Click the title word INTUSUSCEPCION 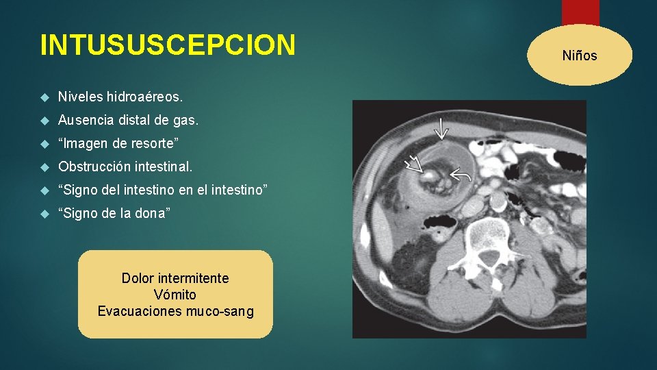click(x=168, y=45)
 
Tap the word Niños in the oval click(x=579, y=56)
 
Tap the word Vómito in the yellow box click(x=175, y=295)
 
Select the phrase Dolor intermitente click(x=175, y=278)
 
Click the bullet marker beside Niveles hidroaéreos click(x=46, y=97)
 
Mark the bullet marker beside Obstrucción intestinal click(x=46, y=167)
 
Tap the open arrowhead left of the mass click(x=415, y=164)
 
